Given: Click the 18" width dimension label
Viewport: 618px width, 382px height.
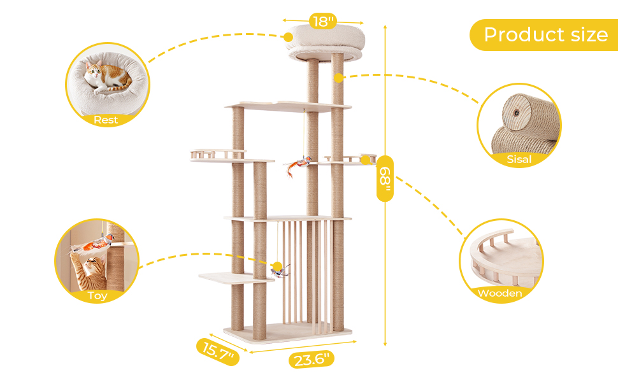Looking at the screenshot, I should click(323, 21).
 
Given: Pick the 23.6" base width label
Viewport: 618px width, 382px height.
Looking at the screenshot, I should click(312, 359).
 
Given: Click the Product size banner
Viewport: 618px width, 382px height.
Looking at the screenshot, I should click(545, 34).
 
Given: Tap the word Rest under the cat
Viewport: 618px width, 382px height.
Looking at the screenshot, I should click(106, 120).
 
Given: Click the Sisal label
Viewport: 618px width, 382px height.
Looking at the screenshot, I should click(519, 160).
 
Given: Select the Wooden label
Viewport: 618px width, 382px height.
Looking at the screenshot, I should click(499, 293).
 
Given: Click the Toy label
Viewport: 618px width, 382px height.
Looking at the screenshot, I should click(97, 295).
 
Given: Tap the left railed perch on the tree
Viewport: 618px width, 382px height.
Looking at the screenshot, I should click(217, 154).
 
